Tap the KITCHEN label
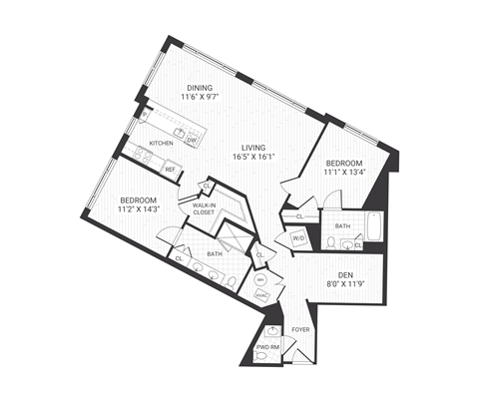162,144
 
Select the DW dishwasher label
190,141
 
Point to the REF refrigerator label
171,169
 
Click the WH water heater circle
260,280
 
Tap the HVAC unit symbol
261,295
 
